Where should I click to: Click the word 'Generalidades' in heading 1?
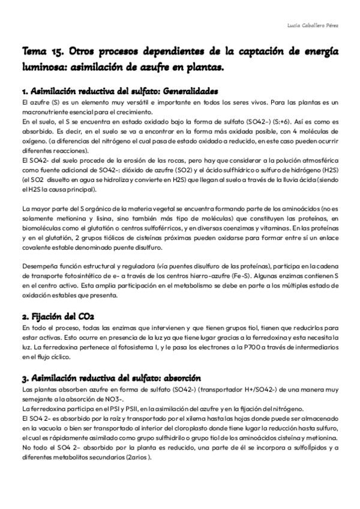click(179, 92)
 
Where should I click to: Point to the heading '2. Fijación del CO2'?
click(58, 316)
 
